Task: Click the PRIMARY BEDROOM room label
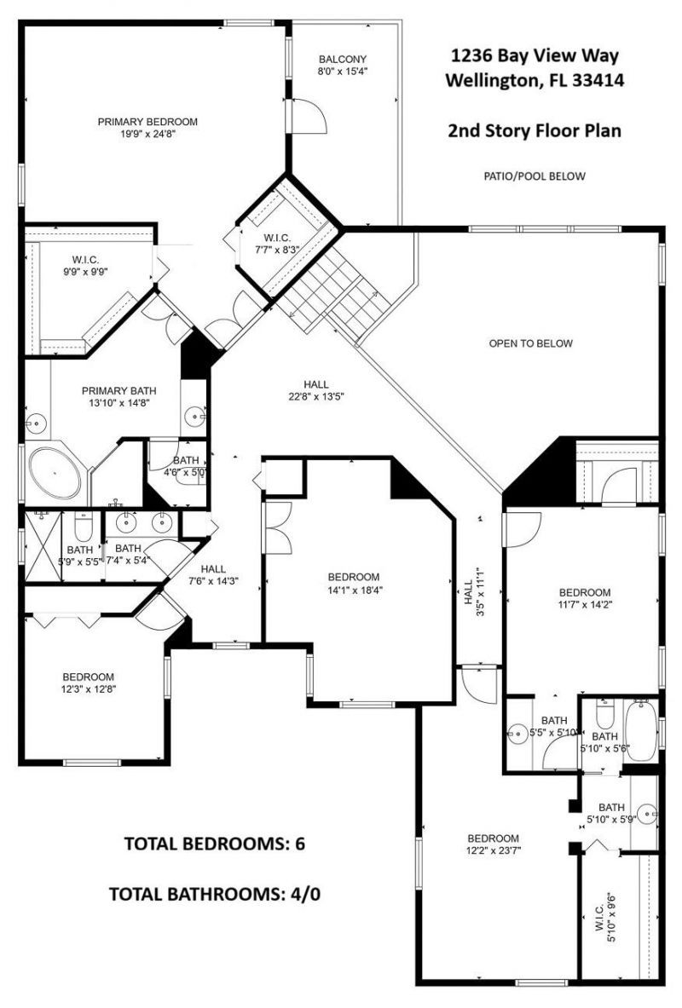tap(147, 121)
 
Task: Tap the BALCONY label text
tap(343, 59)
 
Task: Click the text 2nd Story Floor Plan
tap(534, 131)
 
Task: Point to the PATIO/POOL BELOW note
tap(534, 176)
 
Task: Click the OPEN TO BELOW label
tap(530, 343)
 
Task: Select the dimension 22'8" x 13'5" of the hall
tap(315, 396)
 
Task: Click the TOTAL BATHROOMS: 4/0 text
tap(214, 894)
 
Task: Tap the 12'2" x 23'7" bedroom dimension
tap(493, 850)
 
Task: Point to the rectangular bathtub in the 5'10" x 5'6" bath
tap(642, 730)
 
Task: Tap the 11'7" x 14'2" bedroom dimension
tap(584, 606)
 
